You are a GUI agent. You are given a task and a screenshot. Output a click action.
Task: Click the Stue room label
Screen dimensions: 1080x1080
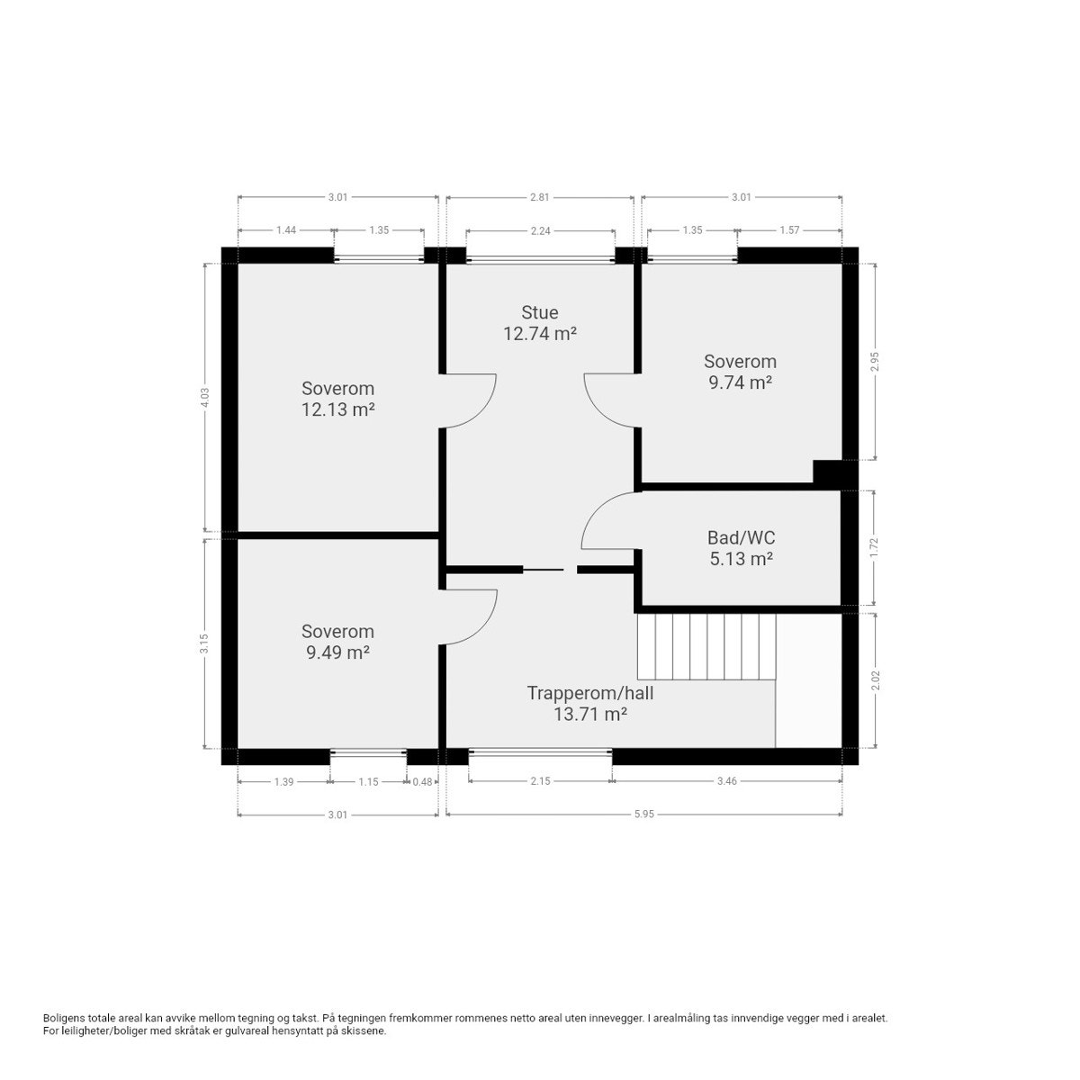tap(540, 312)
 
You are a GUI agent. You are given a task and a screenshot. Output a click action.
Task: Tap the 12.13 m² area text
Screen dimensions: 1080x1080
tap(337, 410)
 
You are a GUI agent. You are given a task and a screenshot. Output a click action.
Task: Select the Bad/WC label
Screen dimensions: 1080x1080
tap(741, 537)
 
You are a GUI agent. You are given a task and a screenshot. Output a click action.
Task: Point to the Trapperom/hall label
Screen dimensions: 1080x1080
tap(589, 693)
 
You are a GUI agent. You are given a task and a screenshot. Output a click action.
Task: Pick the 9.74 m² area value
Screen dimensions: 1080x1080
tap(740, 382)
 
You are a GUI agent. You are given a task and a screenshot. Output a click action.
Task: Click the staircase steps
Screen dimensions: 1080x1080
tap(706, 646)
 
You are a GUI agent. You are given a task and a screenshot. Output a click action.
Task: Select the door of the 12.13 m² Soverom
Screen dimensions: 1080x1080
tap(470, 400)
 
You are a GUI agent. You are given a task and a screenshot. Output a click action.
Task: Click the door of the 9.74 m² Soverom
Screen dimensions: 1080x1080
tap(610, 400)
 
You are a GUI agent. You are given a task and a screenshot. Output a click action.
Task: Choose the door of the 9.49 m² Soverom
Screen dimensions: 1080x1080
tap(472, 617)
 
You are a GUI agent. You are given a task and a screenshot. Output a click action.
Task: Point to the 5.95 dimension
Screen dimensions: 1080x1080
tap(643, 814)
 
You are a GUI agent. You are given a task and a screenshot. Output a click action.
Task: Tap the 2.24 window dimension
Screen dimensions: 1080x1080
tap(540, 230)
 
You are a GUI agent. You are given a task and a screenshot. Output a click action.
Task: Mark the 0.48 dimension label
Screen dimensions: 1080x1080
tap(422, 781)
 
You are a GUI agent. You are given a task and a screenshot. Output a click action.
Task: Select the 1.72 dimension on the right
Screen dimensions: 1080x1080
tap(874, 547)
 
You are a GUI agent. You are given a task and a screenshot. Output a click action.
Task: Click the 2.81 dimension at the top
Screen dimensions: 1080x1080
tap(540, 196)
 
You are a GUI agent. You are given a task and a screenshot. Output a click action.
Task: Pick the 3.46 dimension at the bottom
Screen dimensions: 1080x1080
tap(727, 781)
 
